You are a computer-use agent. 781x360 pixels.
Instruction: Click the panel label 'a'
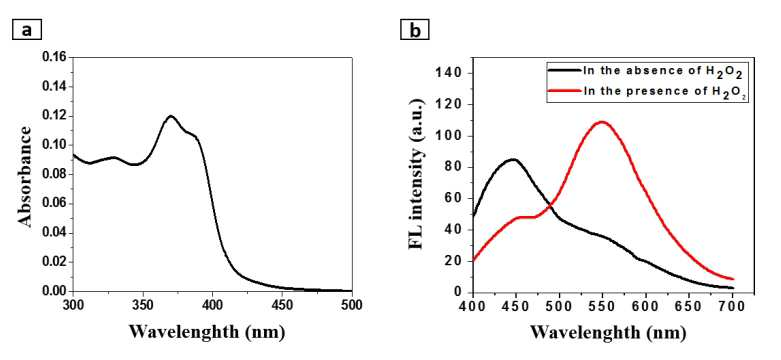[x=26, y=30]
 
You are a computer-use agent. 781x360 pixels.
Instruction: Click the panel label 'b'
[x=414, y=30]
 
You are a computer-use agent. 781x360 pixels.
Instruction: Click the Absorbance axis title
[x=25, y=176]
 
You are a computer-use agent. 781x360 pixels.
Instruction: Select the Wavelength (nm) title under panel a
[x=207, y=332]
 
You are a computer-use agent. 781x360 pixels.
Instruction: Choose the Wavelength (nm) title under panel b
[x=607, y=332]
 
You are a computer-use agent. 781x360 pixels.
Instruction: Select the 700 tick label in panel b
[x=733, y=305]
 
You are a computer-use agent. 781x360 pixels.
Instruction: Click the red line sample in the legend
[x=564, y=91]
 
